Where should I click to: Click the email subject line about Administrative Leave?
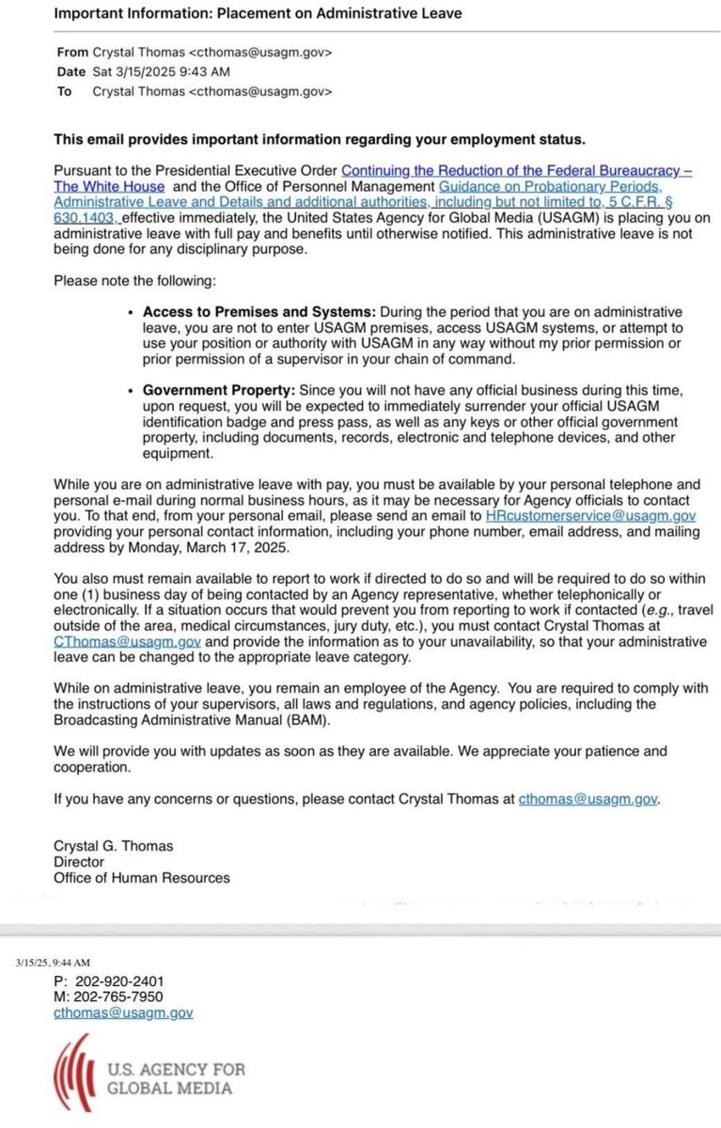tap(258, 14)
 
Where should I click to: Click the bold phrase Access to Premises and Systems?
tap(256, 311)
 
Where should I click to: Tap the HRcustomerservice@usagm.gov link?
tap(590, 516)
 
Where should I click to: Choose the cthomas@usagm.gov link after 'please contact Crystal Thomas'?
tap(588, 798)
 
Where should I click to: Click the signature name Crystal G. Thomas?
tap(113, 845)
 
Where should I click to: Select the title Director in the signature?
tap(79, 861)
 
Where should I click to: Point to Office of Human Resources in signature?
tap(141, 877)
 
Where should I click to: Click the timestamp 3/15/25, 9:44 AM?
tap(53, 963)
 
